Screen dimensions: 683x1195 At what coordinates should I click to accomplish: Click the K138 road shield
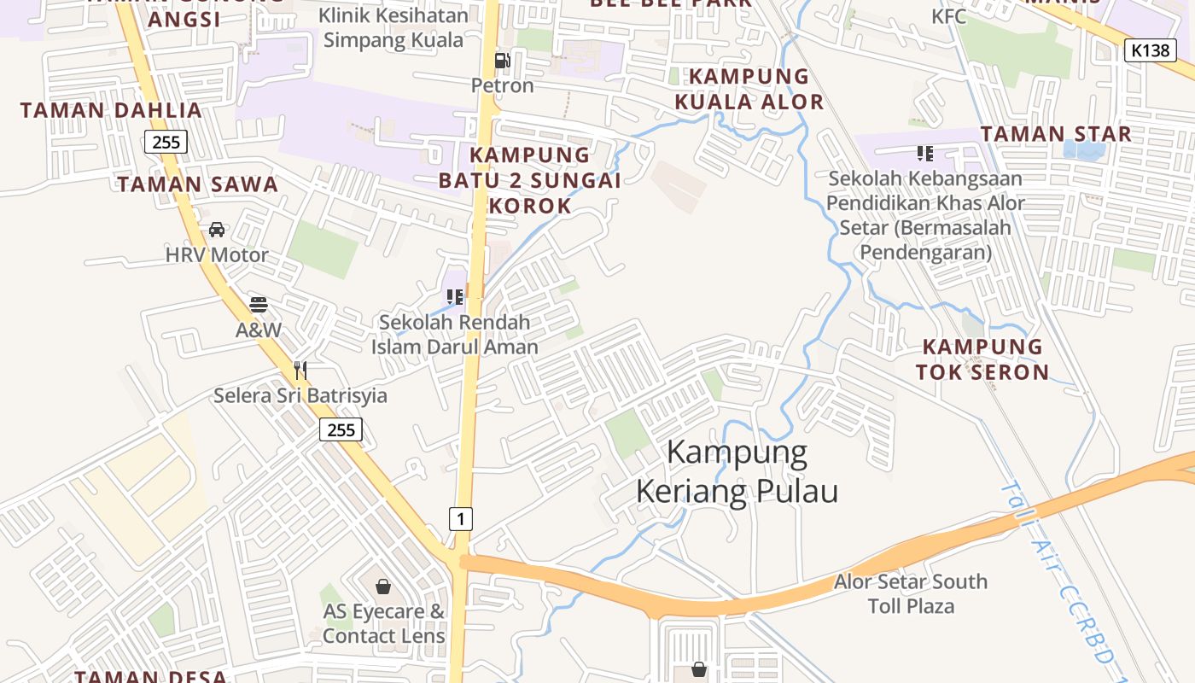pyautogui.click(x=1150, y=50)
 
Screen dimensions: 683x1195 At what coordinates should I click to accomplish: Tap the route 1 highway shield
pyautogui.click(x=461, y=518)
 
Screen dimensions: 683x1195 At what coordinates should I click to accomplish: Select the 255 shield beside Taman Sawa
pyautogui.click(x=166, y=142)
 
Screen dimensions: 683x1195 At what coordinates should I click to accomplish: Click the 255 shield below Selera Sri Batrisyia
pyautogui.click(x=341, y=429)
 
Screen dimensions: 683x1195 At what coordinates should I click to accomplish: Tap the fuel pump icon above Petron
pyautogui.click(x=503, y=61)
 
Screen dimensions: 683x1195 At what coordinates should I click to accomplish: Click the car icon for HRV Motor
pyautogui.click(x=217, y=230)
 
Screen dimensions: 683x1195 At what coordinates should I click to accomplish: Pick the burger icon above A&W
pyautogui.click(x=259, y=305)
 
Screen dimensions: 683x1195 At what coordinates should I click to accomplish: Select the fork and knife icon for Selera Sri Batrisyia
pyautogui.click(x=300, y=371)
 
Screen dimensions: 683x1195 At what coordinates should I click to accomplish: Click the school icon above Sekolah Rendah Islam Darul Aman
pyautogui.click(x=455, y=297)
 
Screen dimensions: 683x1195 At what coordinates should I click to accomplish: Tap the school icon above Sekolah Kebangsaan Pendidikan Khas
pyautogui.click(x=925, y=154)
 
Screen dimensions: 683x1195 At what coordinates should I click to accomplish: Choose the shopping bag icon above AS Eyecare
pyautogui.click(x=383, y=587)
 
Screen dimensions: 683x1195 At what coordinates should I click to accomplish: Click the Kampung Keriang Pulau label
pyautogui.click(x=737, y=471)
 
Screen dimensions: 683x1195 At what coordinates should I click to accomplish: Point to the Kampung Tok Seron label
pyautogui.click(x=982, y=359)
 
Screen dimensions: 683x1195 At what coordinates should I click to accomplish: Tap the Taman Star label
pyautogui.click(x=1056, y=134)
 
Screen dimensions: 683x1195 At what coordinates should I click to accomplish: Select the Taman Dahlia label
pyautogui.click(x=111, y=110)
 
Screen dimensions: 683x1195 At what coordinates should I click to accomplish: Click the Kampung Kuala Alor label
pyautogui.click(x=749, y=89)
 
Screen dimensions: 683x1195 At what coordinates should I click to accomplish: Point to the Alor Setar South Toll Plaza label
pyautogui.click(x=911, y=594)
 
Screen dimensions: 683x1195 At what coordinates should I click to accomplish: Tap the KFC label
pyautogui.click(x=949, y=16)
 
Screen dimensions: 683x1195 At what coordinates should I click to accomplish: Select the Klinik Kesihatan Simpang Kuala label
pyautogui.click(x=393, y=27)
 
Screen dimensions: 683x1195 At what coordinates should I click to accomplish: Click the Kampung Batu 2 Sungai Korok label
pyautogui.click(x=530, y=180)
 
